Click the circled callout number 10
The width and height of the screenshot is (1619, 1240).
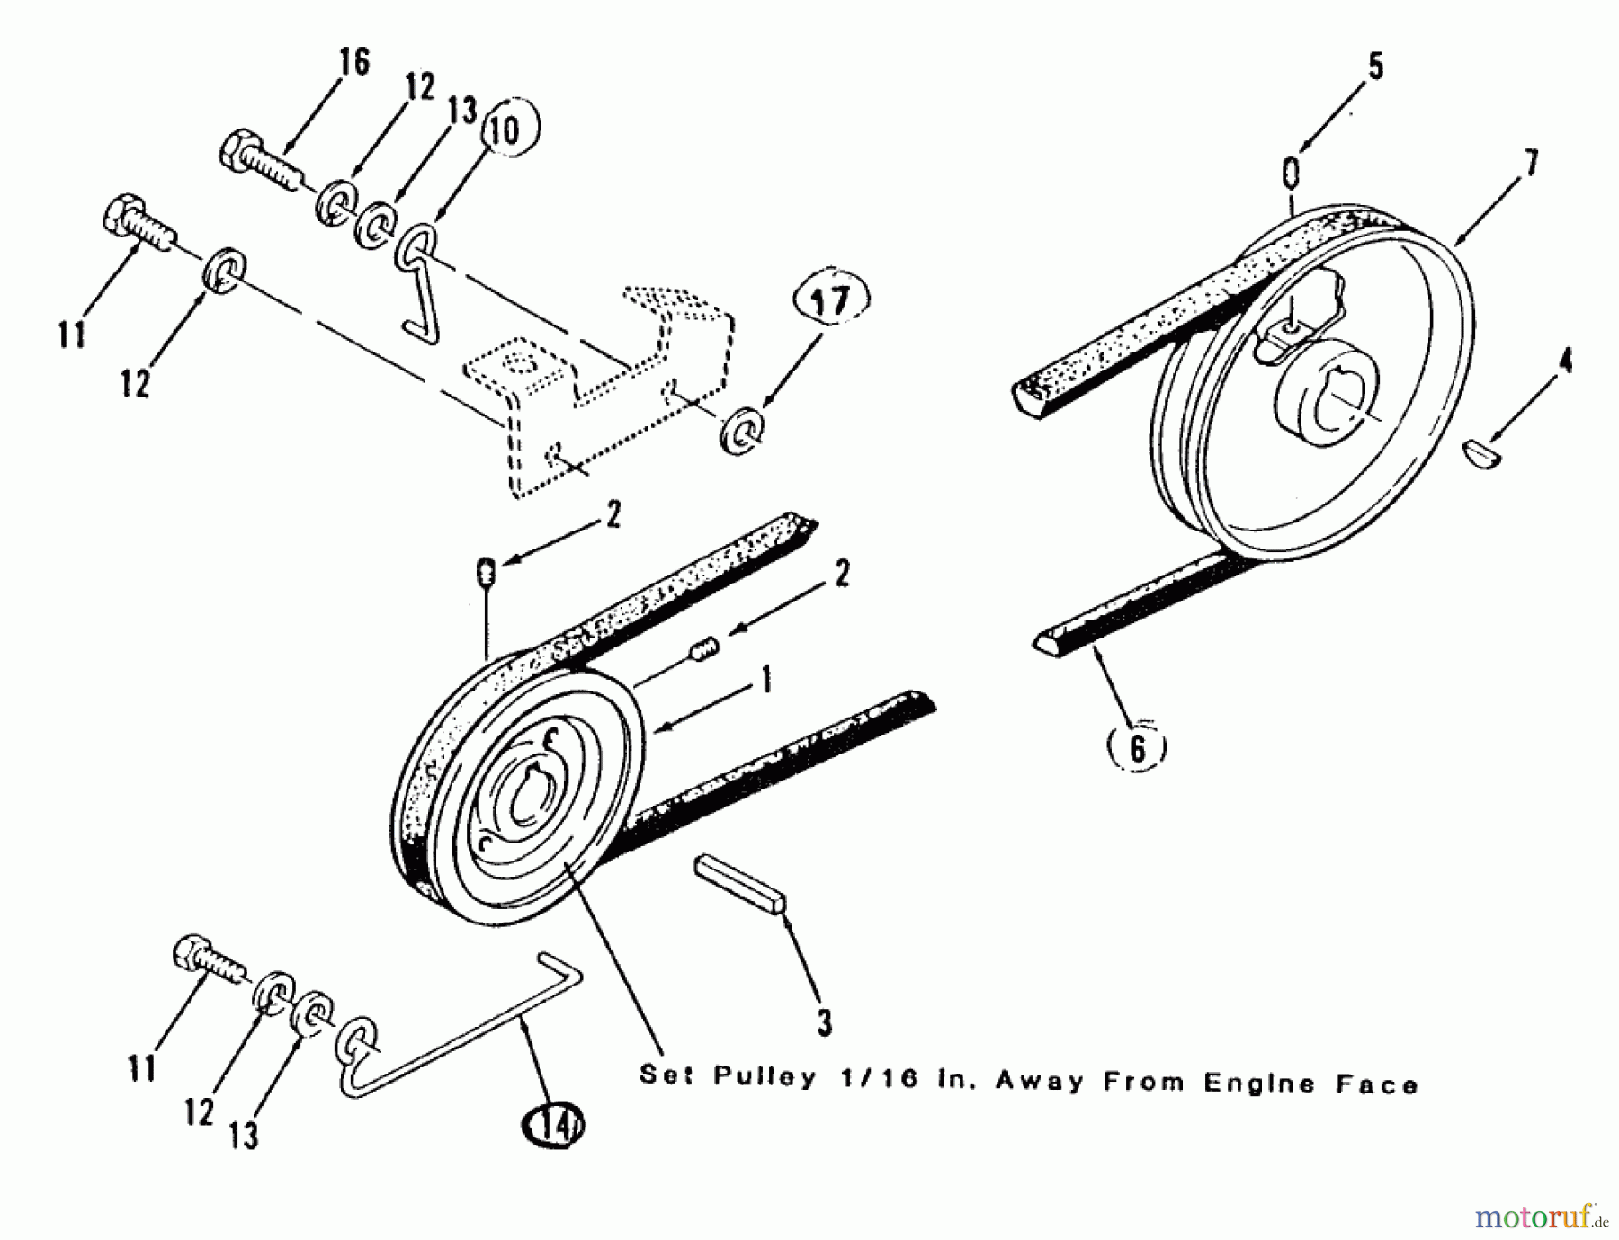coord(505,131)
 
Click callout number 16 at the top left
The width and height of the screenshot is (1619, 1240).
coord(353,64)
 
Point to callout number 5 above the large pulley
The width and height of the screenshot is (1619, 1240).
coord(1375,67)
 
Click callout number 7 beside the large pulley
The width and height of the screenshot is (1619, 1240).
coord(1530,164)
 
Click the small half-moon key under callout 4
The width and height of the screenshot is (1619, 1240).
coord(1483,454)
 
